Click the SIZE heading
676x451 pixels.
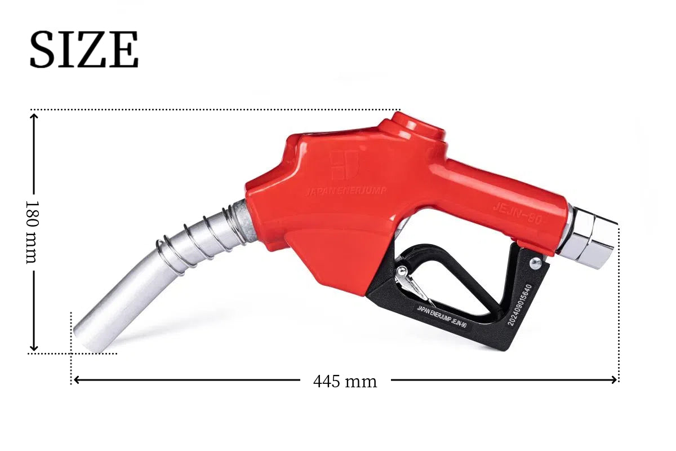click(x=84, y=49)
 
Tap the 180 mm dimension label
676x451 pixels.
click(x=32, y=232)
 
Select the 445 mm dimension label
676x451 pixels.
click(x=345, y=382)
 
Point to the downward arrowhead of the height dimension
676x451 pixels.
click(x=34, y=348)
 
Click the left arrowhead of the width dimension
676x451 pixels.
click(x=77, y=380)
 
